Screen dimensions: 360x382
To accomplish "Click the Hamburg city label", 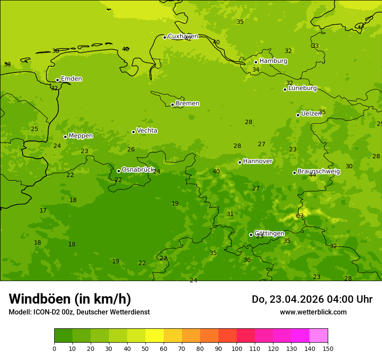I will [x=273, y=61].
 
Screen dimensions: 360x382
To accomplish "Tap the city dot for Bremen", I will [x=172, y=105].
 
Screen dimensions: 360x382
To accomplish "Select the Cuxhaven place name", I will [x=183, y=36].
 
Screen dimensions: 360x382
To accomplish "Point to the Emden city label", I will [x=71, y=79].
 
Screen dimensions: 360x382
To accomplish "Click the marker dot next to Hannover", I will [x=240, y=162].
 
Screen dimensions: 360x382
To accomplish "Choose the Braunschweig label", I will [x=319, y=172].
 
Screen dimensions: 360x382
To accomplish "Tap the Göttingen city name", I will [x=269, y=234].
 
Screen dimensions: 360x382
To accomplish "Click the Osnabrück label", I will [x=138, y=170].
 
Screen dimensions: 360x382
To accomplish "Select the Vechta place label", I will [x=147, y=131].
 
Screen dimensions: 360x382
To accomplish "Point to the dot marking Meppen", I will [x=65, y=137].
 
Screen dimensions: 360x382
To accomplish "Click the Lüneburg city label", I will [x=302, y=88].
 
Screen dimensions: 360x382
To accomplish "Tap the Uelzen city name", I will [x=311, y=114].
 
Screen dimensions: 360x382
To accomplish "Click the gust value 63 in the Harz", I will [x=300, y=216].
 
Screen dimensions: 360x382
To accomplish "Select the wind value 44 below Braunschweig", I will [x=313, y=175].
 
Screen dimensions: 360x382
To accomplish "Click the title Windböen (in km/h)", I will [x=70, y=299].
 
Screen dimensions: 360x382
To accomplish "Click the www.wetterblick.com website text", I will [x=313, y=312].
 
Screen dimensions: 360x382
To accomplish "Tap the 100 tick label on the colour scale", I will [x=237, y=348].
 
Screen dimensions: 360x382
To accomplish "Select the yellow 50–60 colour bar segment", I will [x=155, y=336].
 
